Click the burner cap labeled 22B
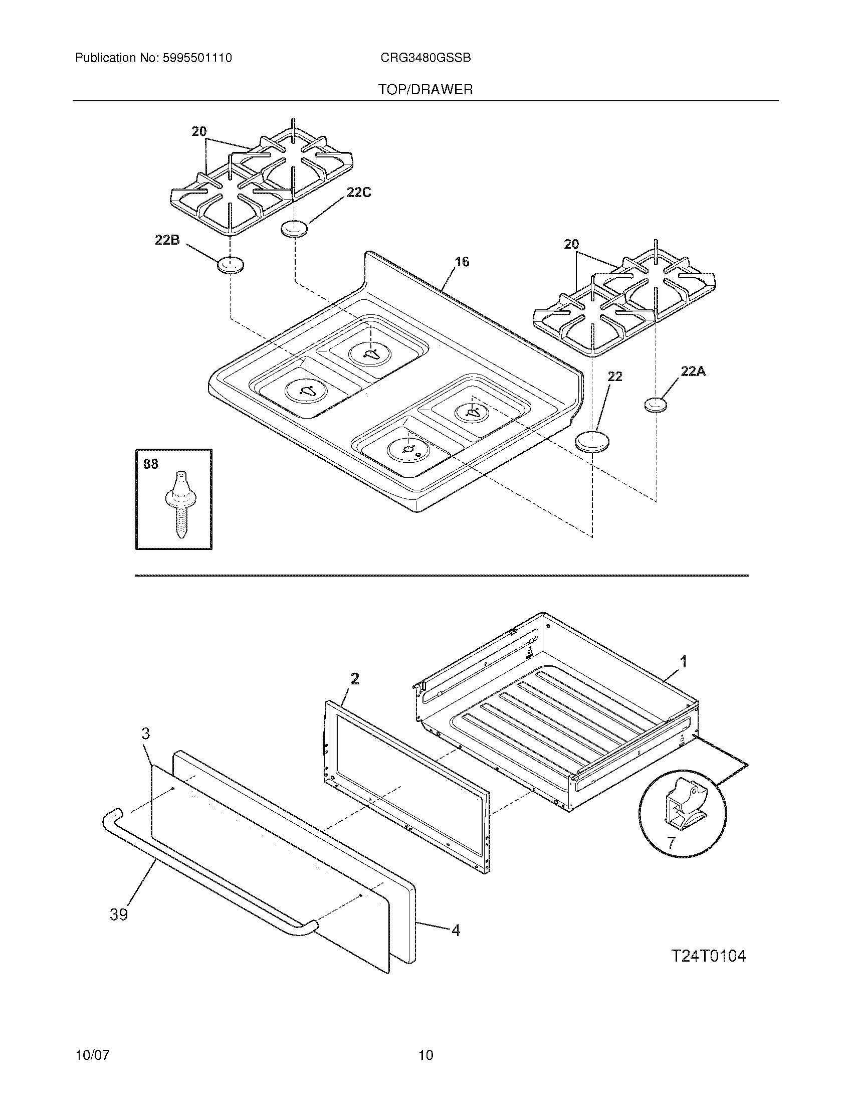[x=230, y=265]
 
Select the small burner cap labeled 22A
[x=656, y=405]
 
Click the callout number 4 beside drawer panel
[x=456, y=930]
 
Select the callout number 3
[x=145, y=733]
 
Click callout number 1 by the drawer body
[x=684, y=661]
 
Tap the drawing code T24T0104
[x=708, y=956]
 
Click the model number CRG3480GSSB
[x=425, y=58]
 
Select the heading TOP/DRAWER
[x=425, y=90]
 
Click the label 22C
[x=358, y=192]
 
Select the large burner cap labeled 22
[x=592, y=440]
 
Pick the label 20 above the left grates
[x=199, y=132]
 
